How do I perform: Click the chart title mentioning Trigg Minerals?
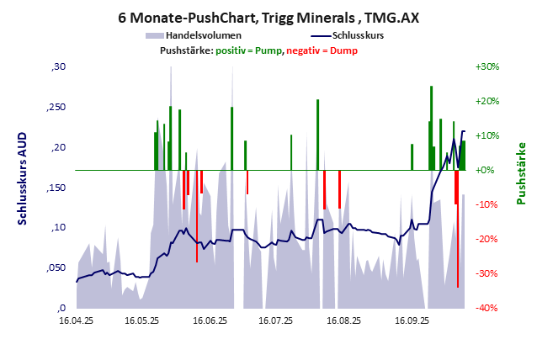pyautogui.click(x=268, y=18)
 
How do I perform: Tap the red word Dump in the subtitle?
pyautogui.click(x=343, y=50)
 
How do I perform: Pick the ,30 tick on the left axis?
pyautogui.click(x=58, y=66)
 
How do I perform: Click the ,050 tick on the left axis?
pyautogui.click(x=55, y=267)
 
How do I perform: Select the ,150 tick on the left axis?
pyautogui.click(x=55, y=188)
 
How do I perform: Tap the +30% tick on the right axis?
pyautogui.click(x=488, y=66)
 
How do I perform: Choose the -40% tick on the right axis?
pyautogui.click(x=488, y=308)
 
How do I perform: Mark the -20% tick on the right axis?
pyautogui.click(x=488, y=239)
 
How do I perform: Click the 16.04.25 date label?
pyautogui.click(x=76, y=320)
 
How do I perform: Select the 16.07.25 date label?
pyautogui.click(x=275, y=320)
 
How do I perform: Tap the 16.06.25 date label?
pyautogui.click(x=209, y=320)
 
